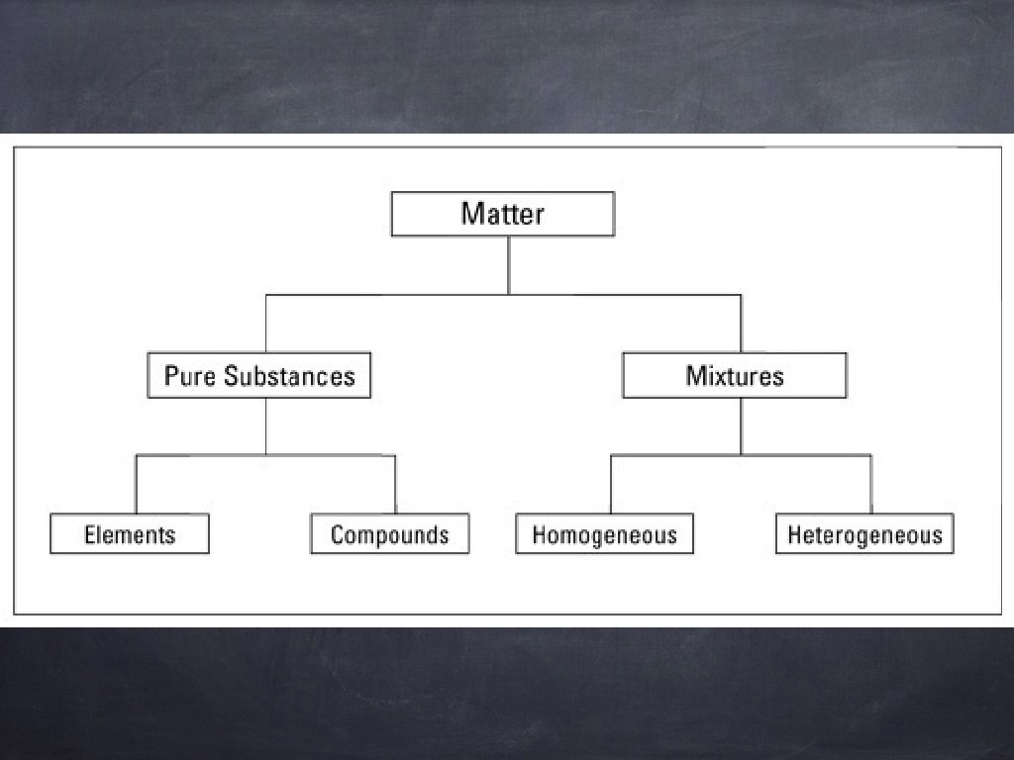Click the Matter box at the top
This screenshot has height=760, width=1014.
tap(502, 214)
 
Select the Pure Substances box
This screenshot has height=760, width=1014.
tap(258, 376)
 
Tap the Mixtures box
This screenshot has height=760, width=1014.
tap(734, 376)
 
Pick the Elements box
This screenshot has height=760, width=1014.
tap(130, 534)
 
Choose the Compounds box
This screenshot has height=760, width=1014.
tap(389, 534)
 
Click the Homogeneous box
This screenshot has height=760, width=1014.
tap(604, 534)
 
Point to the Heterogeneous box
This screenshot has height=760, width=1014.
tap(864, 534)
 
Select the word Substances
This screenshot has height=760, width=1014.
tap(288, 376)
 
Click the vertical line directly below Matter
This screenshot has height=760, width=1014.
tap(508, 264)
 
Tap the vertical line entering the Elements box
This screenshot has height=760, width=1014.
tap(136, 485)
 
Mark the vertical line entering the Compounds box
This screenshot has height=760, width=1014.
tap(395, 485)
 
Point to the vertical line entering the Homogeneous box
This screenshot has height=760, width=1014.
tap(610, 485)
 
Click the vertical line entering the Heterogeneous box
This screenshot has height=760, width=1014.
tap(870, 485)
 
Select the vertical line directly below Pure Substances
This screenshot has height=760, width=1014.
tap(265, 426)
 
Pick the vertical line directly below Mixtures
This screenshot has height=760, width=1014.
tap(741, 426)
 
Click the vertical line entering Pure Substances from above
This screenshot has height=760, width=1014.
tap(265, 324)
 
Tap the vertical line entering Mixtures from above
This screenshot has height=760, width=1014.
tap(741, 324)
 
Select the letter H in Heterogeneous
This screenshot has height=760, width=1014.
tap(794, 535)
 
